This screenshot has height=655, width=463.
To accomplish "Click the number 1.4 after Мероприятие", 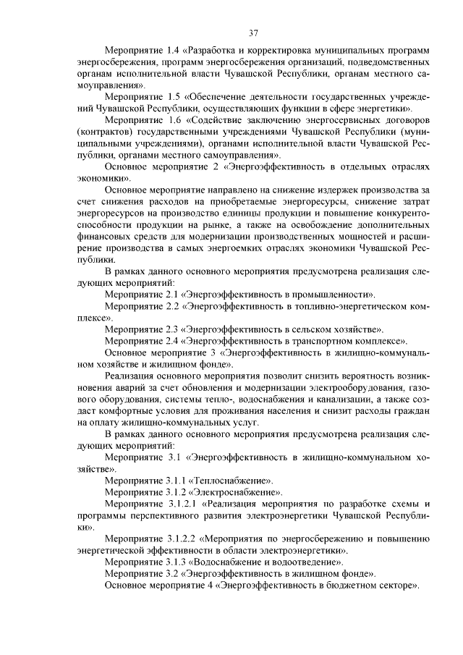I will [174, 51].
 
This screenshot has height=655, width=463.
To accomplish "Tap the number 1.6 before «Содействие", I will [174, 119].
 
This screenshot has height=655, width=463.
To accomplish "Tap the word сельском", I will [307, 328].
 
